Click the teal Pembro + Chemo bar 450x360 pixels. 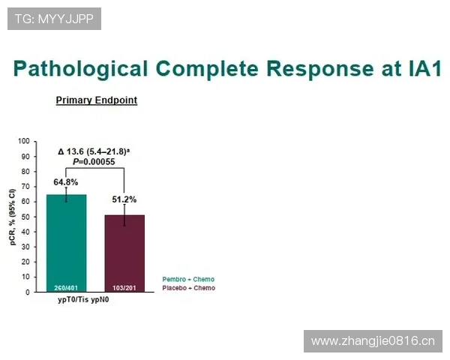(66, 243)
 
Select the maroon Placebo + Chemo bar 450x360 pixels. (124, 253)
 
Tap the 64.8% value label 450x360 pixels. (66, 182)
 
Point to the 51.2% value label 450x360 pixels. (124, 199)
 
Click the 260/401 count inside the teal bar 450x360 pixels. (66, 288)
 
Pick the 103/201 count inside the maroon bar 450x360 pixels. (124, 288)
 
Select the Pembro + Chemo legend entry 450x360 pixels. (188, 279)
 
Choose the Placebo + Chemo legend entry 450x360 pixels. (188, 288)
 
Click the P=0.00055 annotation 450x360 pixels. (94, 162)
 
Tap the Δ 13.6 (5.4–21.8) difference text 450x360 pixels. (94, 151)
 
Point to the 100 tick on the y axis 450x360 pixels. (24, 141)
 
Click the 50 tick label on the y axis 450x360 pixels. (25, 217)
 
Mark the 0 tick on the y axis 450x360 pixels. (28, 292)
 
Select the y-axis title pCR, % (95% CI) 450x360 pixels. (12, 217)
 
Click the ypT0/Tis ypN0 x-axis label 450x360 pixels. (83, 300)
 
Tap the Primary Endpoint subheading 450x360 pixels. (97, 100)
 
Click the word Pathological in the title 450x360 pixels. (81, 69)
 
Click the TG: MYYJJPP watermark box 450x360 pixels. (54, 19)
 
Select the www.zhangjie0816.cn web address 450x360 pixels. (373, 341)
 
